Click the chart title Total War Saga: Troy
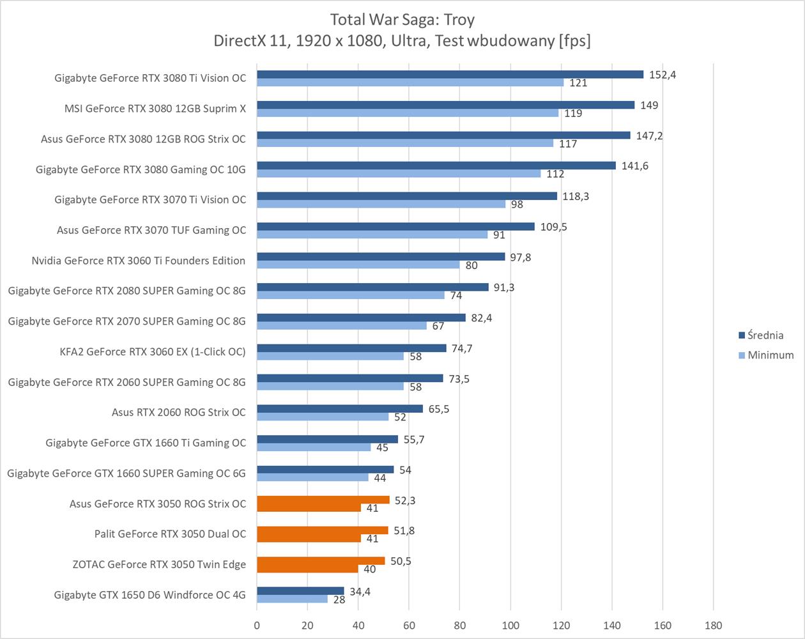[402, 20]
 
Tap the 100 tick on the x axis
[510, 625]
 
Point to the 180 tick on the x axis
[713, 625]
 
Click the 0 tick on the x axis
[257, 625]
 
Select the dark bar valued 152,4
[450, 74]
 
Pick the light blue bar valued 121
[410, 82]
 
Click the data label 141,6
[635, 166]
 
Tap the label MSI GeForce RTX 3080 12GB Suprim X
[155, 108]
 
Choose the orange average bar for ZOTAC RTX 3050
[321, 561]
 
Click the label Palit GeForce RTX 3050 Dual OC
[170, 534]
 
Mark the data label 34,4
[360, 591]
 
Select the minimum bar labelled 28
[292, 599]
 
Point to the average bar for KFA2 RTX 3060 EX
[351, 348]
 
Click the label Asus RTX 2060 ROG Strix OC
[178, 412]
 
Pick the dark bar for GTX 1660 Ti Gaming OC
[327, 439]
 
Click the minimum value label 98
[517, 204]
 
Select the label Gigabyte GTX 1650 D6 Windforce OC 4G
[149, 595]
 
